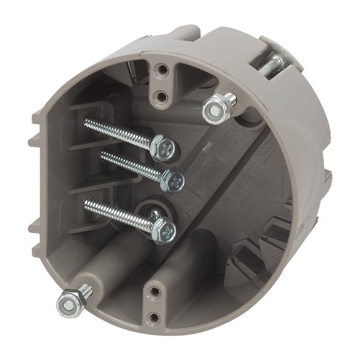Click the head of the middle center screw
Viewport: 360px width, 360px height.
click(x=173, y=180)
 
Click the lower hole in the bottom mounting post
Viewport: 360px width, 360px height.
click(x=154, y=318)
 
